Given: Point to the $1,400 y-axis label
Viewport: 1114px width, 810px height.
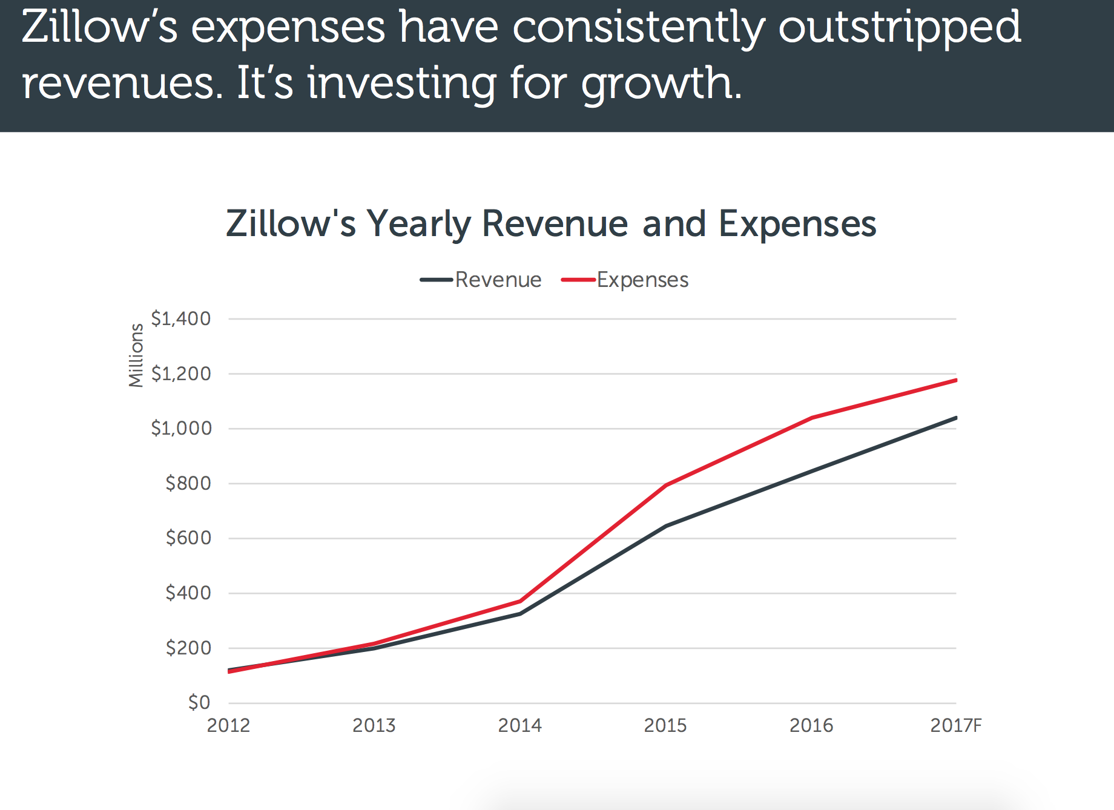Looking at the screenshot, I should click(180, 318).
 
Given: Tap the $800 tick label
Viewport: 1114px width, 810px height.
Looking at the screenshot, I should click(188, 483).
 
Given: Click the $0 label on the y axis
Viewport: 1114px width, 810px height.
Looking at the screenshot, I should click(199, 702).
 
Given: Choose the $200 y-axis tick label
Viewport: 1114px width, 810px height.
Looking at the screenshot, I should click(188, 648).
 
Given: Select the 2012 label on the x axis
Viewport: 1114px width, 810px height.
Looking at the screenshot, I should click(228, 725).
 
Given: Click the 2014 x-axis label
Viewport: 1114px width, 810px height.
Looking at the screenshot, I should click(519, 725).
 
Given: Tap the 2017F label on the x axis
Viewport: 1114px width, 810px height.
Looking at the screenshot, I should click(955, 725).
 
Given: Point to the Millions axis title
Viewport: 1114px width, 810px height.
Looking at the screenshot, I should click(136, 355).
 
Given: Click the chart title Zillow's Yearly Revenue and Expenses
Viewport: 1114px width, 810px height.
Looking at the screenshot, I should click(551, 223).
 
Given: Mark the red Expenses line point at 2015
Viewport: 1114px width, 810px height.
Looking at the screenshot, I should click(666, 485).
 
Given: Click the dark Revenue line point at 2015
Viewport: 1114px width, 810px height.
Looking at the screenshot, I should click(666, 525).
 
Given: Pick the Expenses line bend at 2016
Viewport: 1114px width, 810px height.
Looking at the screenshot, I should click(811, 418).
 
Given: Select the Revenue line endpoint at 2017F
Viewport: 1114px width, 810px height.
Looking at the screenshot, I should click(955, 418).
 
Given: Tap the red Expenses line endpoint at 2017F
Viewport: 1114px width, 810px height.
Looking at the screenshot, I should click(955, 380).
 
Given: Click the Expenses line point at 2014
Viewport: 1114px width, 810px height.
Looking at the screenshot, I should click(520, 601).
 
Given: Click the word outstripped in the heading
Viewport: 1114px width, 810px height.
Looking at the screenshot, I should click(900, 28).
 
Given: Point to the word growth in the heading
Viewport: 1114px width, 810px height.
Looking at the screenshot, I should click(660, 84).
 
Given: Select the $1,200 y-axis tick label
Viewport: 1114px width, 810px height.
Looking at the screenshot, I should click(180, 374).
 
